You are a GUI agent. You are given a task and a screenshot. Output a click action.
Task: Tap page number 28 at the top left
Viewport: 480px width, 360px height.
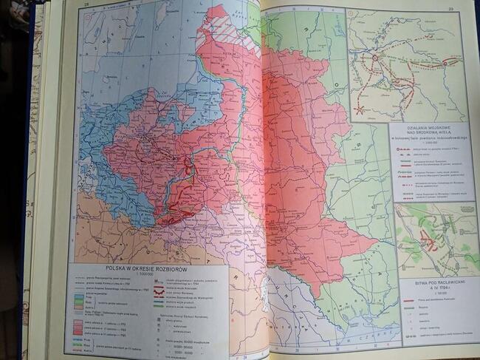(x=86, y=7)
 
